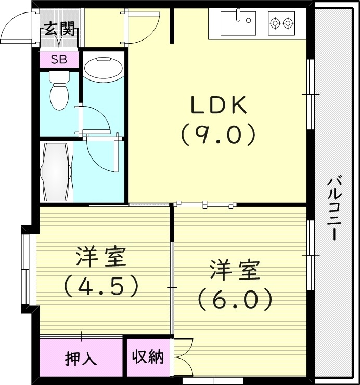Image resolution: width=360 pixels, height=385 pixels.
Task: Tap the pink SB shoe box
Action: (59, 59)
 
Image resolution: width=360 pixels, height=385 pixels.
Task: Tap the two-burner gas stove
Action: (281, 23)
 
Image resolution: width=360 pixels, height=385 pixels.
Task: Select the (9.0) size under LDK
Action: (218, 135)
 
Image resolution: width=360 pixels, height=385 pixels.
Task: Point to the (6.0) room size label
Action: (235, 299)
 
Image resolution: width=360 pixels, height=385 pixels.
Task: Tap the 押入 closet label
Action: (81, 359)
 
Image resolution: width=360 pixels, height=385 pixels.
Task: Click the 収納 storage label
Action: (148, 357)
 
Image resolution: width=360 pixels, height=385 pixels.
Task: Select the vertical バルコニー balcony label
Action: (336, 208)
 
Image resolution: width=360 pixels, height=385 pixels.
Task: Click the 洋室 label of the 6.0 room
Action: (235, 271)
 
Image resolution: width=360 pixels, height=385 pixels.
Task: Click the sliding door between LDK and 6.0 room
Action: (205, 204)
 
